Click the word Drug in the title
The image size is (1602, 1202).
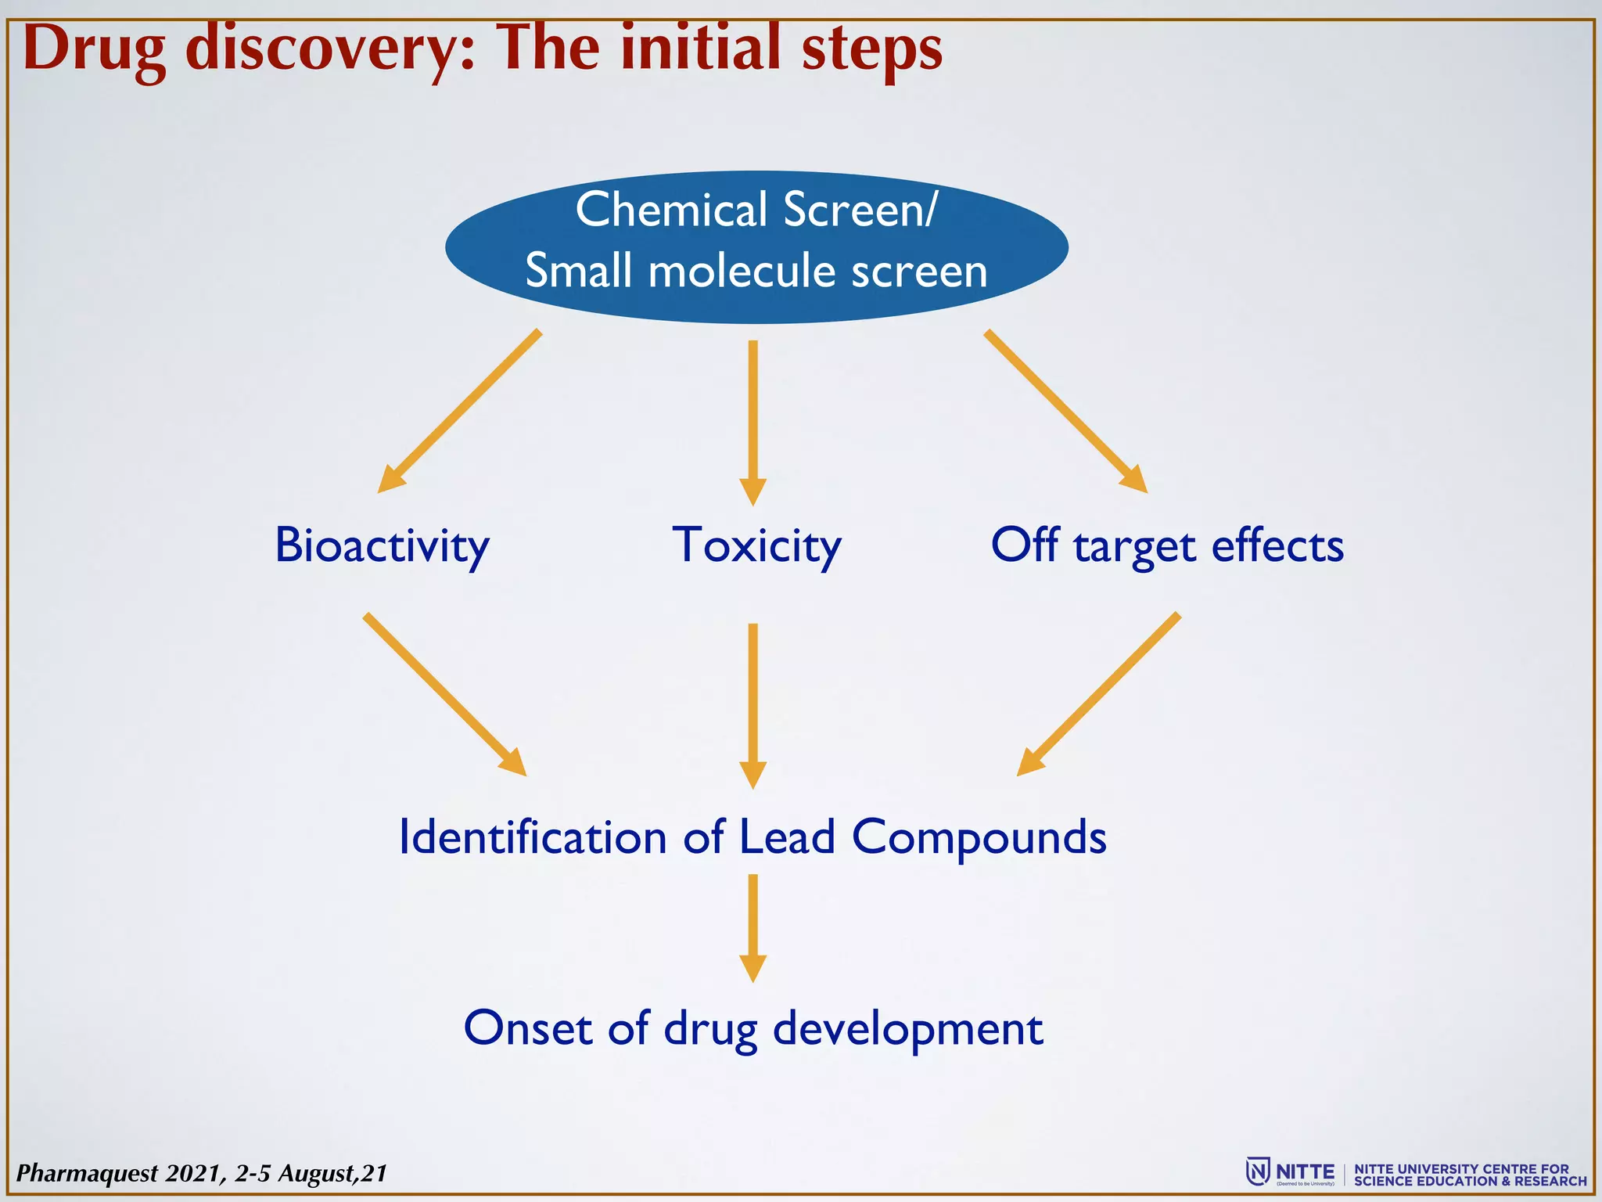point(95,50)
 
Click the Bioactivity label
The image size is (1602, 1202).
point(382,545)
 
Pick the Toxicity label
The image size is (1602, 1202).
point(756,545)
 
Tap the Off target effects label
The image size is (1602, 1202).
point(1166,545)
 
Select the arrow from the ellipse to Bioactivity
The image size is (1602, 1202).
point(459,411)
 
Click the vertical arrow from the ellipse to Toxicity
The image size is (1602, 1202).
point(753,423)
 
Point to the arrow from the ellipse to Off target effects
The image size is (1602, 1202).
point(1065,411)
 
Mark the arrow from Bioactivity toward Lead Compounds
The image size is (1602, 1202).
point(444,694)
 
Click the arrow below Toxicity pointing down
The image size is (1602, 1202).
point(753,704)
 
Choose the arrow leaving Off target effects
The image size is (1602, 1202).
point(1099,694)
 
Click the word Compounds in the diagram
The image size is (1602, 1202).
point(979,837)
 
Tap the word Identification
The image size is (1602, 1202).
point(532,837)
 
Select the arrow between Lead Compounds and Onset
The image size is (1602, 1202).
point(753,927)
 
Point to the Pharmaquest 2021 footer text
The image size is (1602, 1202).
point(202,1173)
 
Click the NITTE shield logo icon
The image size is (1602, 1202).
point(1257,1171)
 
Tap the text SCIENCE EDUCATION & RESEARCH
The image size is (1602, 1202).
point(1471,1181)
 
